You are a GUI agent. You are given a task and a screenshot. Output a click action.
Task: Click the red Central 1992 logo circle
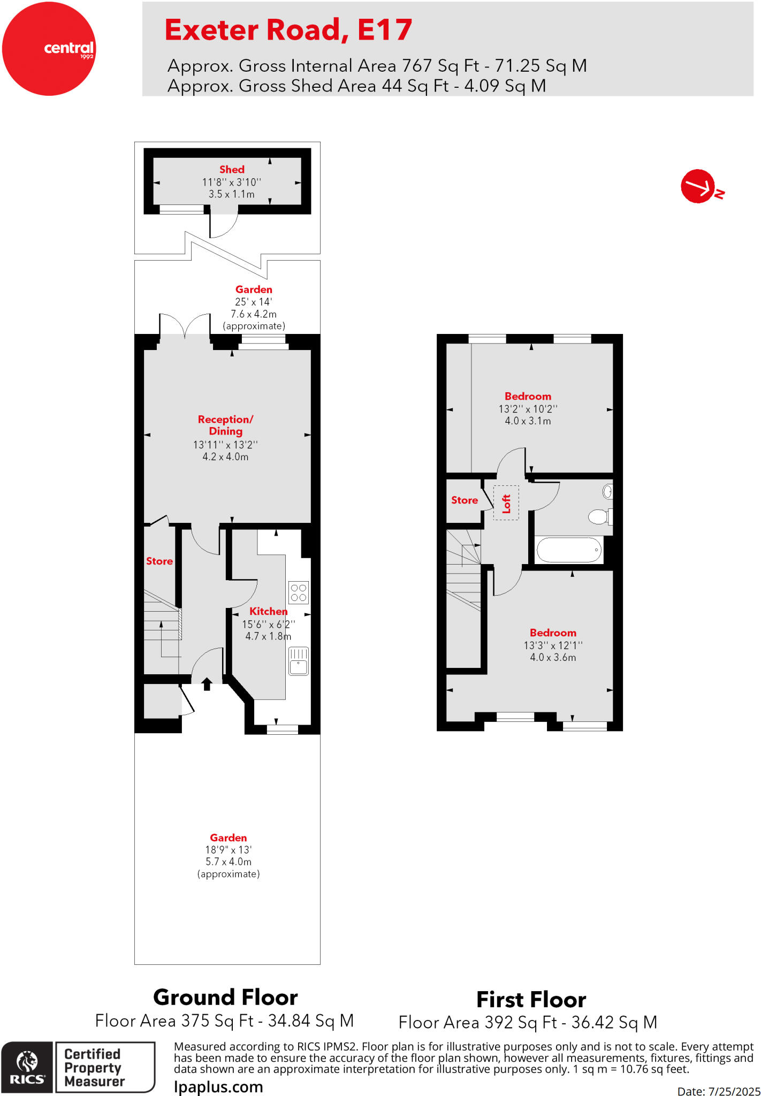click(x=49, y=49)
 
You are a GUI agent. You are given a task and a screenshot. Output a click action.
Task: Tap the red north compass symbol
click(x=698, y=186)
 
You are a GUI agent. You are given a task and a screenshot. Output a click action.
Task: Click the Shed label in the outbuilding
click(x=232, y=169)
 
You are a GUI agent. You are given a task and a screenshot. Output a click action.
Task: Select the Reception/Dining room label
click(x=225, y=425)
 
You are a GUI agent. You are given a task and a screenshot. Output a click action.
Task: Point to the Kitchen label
click(x=268, y=611)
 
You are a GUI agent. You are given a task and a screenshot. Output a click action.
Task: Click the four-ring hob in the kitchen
click(x=299, y=592)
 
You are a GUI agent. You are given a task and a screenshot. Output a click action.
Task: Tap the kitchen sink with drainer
click(x=299, y=661)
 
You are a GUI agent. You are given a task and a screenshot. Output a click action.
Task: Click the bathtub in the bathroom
click(x=569, y=550)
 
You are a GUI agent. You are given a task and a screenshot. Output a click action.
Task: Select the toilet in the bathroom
click(x=599, y=516)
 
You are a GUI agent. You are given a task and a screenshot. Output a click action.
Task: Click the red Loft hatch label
click(x=506, y=504)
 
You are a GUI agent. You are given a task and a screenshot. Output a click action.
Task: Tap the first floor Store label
click(x=464, y=500)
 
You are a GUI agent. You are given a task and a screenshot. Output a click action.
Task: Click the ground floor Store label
click(x=159, y=561)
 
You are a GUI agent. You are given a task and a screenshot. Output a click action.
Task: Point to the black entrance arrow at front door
click(x=207, y=683)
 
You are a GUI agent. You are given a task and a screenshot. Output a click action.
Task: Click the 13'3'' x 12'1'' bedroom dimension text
click(x=553, y=645)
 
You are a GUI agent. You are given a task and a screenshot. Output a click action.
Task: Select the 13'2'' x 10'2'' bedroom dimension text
click(x=528, y=409)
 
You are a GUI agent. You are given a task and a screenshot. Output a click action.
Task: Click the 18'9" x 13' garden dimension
click(x=228, y=849)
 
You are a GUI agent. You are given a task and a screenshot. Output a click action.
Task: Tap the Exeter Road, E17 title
click(x=288, y=30)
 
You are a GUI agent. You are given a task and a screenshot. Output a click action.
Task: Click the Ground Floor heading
click(x=225, y=997)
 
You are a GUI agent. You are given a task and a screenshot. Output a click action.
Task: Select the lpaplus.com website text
click(x=218, y=1087)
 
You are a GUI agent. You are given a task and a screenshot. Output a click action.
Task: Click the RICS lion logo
click(x=27, y=1067)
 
